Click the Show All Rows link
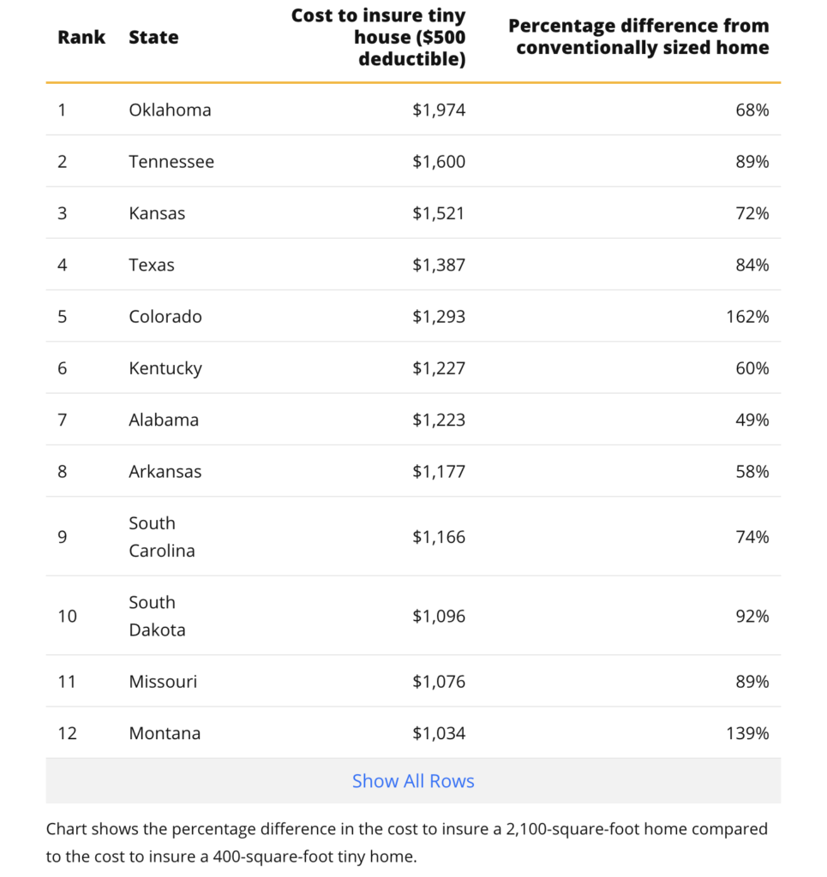(413, 781)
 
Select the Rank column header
(81, 38)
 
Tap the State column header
(153, 38)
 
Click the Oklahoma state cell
(170, 110)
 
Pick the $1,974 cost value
(438, 110)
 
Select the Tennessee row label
(171, 162)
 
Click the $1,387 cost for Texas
(438, 265)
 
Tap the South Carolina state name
(162, 537)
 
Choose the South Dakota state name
(157, 616)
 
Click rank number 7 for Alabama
(62, 420)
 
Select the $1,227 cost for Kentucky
(438, 368)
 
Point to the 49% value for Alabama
(752, 420)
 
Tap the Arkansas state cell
(165, 472)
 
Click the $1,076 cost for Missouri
(438, 682)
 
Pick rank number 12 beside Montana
(67, 733)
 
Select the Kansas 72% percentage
(752, 213)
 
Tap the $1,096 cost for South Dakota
(438, 616)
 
